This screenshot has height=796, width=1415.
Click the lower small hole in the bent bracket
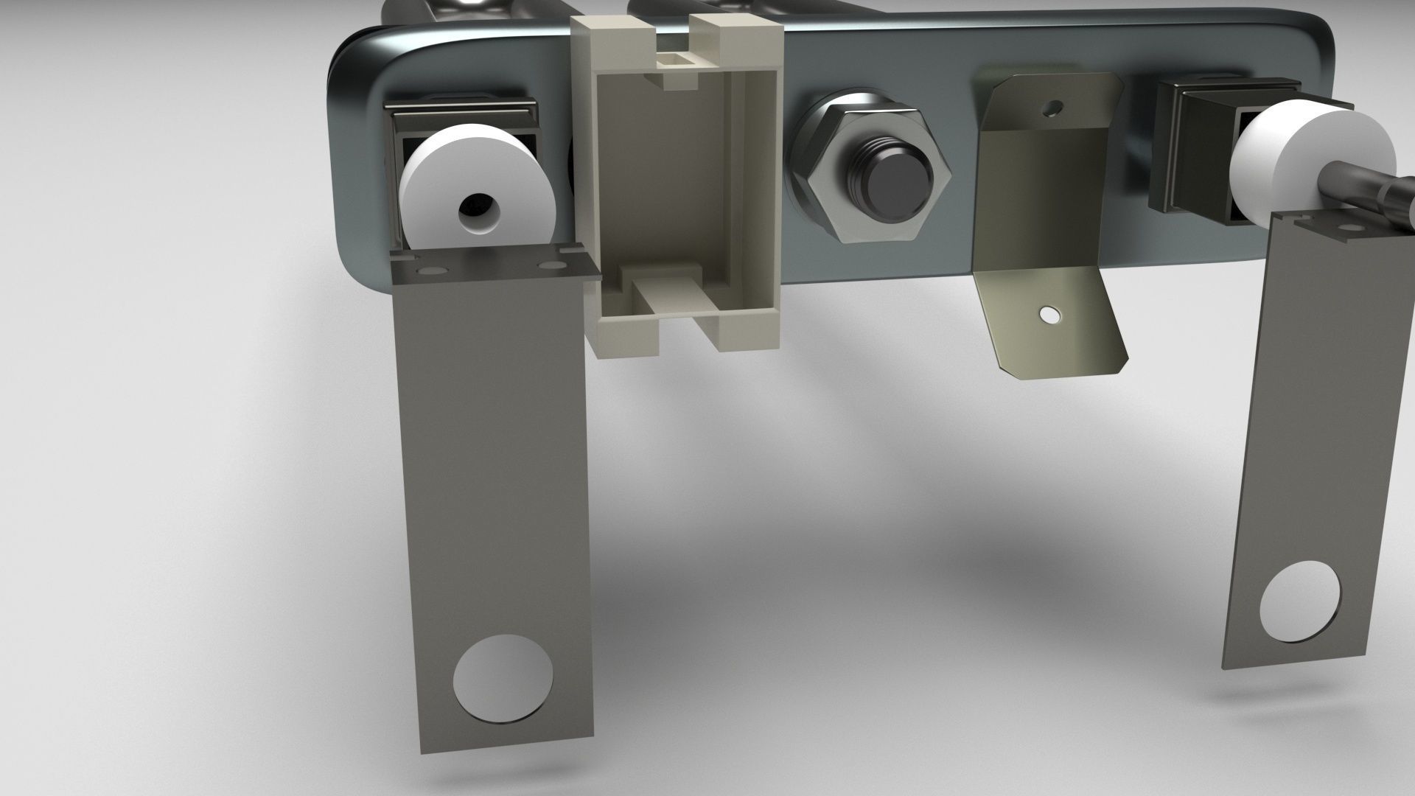click(x=1047, y=316)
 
